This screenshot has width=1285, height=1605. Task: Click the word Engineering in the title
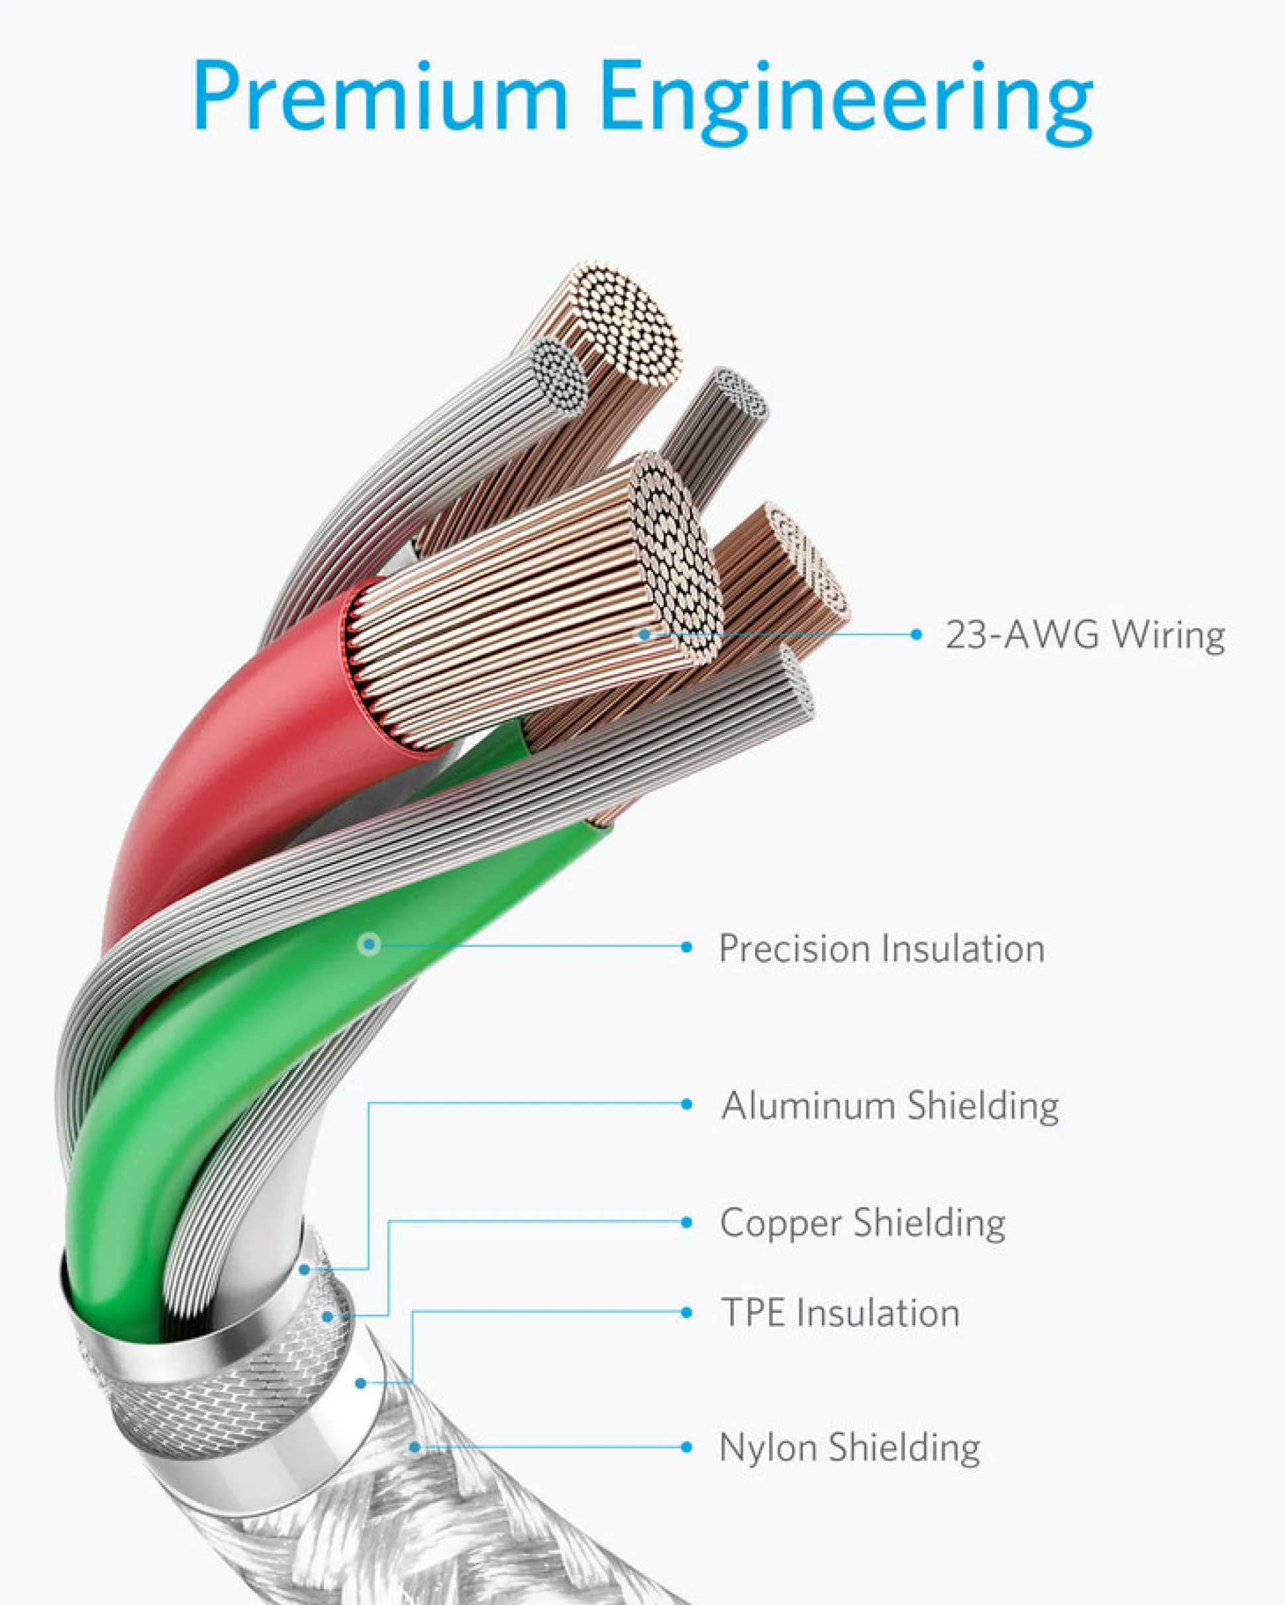847,103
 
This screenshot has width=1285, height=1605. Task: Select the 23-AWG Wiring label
1086,635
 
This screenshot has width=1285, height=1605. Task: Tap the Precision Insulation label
882,948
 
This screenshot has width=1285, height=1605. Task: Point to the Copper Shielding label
862,1223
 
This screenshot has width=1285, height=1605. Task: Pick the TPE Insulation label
841,1312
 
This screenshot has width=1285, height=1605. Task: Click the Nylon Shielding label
849,1447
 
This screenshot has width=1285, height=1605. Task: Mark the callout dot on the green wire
369,945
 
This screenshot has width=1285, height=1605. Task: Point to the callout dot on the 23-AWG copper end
644,634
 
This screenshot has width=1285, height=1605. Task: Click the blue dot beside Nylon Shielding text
686,1447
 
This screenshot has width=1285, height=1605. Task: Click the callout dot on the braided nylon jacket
415,1447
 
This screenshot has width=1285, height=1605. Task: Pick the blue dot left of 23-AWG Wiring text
917,634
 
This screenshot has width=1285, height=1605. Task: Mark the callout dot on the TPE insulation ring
360,1383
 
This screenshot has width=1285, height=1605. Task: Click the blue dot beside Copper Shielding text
686,1222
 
